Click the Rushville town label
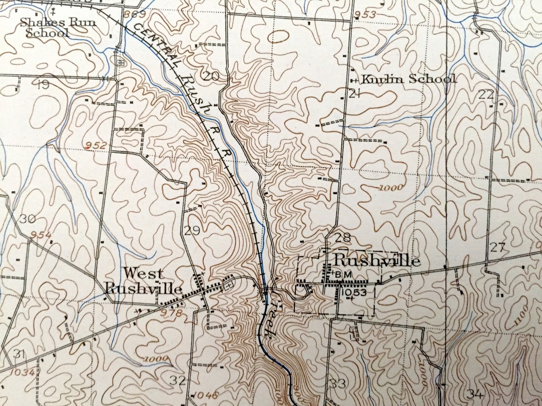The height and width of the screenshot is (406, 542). tap(377, 261)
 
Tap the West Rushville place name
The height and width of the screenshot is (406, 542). tap(143, 281)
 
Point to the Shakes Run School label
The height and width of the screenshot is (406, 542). tap(48, 28)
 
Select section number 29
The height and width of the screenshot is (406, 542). tap(192, 231)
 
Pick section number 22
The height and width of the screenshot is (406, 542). tap(486, 94)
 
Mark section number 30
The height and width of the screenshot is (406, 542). tap(28, 219)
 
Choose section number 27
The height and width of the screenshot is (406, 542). tap(497, 247)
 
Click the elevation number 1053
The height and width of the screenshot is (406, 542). tap(354, 293)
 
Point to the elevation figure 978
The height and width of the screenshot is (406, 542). tap(172, 313)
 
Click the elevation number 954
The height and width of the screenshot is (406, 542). tap(41, 235)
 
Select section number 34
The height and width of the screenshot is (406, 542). tap(475, 393)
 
